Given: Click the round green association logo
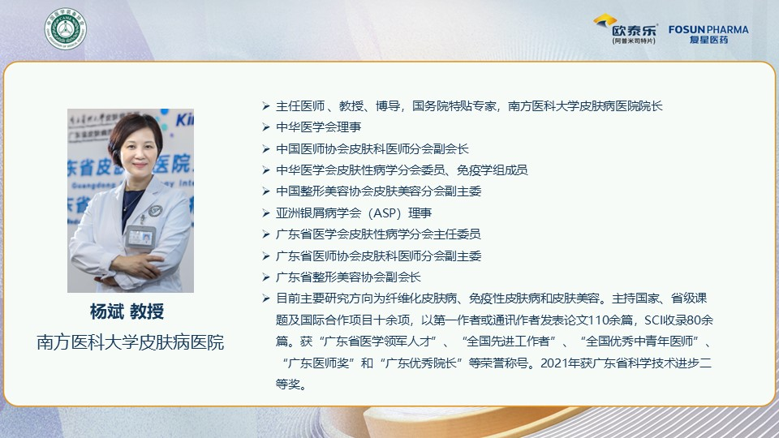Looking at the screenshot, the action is coord(65,28).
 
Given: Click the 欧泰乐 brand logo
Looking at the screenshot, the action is coord(627,29).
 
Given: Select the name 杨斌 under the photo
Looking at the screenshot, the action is coord(107,311).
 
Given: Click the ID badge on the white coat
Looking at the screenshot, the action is coord(140,237).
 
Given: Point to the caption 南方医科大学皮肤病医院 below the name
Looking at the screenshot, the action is coord(130,342).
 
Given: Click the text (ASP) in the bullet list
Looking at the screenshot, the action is coord(385,213).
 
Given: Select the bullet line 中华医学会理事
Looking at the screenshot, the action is coord(318,127).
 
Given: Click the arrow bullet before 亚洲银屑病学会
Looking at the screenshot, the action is coord(266,213).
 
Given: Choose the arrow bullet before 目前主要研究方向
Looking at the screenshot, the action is coord(266,298).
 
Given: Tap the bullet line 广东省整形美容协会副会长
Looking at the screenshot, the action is coord(348,277).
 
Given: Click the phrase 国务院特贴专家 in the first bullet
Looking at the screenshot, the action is coord(454,105).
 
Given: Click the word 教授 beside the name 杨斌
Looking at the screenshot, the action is coord(147,311).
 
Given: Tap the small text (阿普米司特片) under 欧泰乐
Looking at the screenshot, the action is coord(634,41).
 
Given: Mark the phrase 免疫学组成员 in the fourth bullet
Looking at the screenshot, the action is coord(492,170).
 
